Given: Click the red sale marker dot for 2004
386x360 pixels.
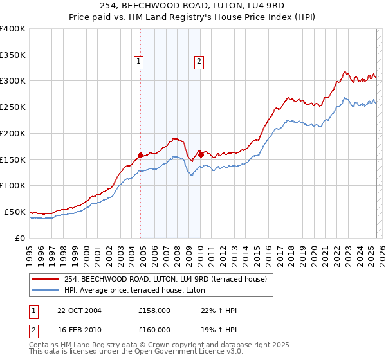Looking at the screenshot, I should [x=141, y=154].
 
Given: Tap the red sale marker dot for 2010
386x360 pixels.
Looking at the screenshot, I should [x=201, y=154].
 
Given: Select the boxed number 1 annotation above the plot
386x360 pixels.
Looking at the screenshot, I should [x=139, y=62].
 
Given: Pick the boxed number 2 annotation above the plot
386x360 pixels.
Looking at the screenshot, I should [x=199, y=62].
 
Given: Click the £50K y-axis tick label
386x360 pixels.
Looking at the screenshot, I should [x=15, y=212].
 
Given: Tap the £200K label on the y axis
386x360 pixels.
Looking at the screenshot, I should [x=13, y=133].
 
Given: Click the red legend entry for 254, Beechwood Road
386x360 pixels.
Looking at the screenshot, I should [x=169, y=278].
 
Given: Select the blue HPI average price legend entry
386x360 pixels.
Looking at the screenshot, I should [x=134, y=291].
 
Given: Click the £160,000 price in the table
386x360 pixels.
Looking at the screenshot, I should [x=154, y=330].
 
